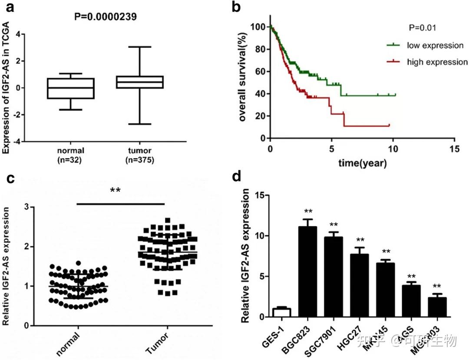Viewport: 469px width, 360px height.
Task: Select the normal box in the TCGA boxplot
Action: tap(71, 88)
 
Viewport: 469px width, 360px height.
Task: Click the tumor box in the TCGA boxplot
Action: tap(140, 82)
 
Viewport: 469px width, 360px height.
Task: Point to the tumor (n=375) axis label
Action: tap(139, 155)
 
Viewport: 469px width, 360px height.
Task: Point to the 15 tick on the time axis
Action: tap(454, 148)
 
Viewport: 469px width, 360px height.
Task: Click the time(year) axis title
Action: tap(363, 163)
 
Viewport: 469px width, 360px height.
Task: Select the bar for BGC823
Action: tap(308, 271)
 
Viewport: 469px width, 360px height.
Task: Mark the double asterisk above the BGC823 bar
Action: tap(308, 212)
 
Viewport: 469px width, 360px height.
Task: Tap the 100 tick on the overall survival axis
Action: tap(258, 27)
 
